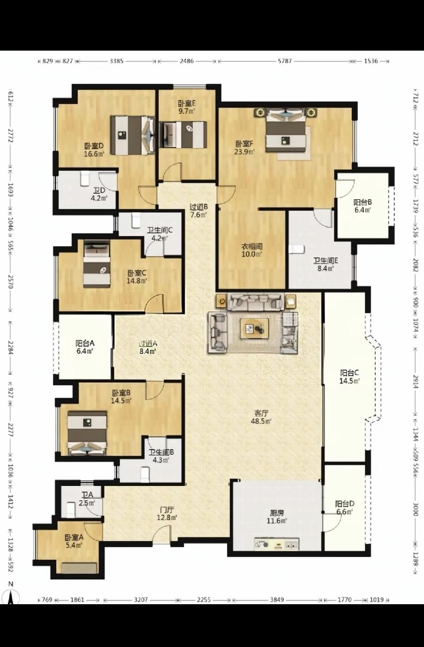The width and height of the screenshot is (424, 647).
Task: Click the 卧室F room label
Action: click(245, 144)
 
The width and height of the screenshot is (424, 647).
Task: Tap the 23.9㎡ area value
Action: click(245, 152)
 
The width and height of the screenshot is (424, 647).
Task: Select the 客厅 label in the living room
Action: click(261, 413)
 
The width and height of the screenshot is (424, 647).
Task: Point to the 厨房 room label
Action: click(276, 513)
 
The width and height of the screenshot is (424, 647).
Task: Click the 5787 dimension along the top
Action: click(285, 61)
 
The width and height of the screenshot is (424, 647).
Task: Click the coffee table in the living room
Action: click(255, 329)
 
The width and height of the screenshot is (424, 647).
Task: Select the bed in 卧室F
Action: click(286, 130)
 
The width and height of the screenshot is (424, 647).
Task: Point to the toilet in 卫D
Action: click(84, 179)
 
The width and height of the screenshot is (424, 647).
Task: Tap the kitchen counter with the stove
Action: click(276, 544)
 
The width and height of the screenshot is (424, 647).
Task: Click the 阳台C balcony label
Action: click(349, 373)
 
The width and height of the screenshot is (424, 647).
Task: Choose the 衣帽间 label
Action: click(252, 247)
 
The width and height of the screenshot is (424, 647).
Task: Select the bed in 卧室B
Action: click(87, 433)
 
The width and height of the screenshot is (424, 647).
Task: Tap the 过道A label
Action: click(148, 344)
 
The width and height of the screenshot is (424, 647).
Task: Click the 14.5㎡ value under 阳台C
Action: click(349, 381)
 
